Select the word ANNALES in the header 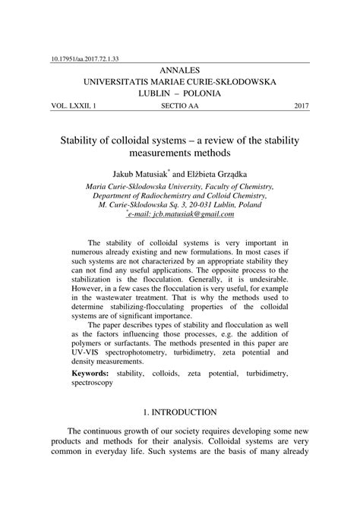tap(180, 69)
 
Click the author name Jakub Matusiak tap(145, 172)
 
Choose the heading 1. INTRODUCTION tap(179, 412)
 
